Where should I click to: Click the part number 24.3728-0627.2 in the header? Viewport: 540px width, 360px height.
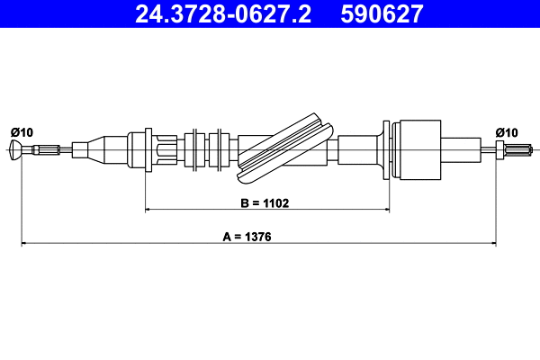[222, 13]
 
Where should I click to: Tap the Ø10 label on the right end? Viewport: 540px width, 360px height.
[508, 132]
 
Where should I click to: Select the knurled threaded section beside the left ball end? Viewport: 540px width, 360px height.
[49, 149]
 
